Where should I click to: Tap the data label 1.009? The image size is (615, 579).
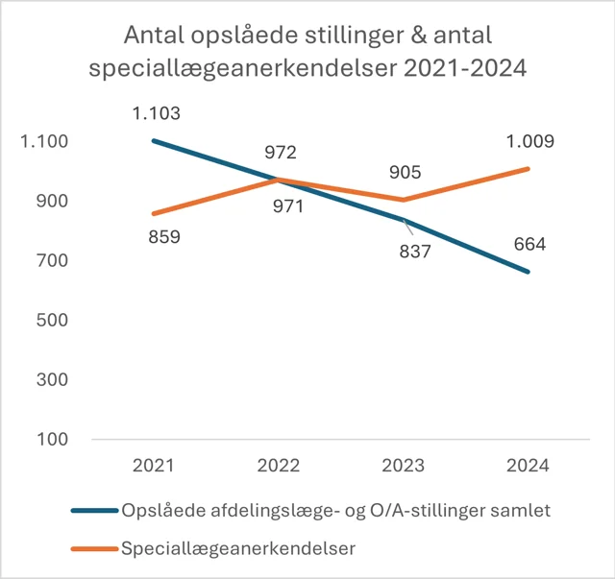(x=529, y=142)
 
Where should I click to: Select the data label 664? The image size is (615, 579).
(x=529, y=244)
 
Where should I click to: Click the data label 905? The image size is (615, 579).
(x=405, y=173)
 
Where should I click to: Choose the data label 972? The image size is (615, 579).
(x=280, y=153)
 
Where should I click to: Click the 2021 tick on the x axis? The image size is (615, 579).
(x=154, y=465)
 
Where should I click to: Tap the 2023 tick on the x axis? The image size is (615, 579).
(x=405, y=465)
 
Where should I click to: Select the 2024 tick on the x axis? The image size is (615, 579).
(x=529, y=465)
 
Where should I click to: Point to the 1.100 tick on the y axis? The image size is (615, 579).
(x=44, y=142)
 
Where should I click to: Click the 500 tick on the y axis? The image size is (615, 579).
(x=50, y=320)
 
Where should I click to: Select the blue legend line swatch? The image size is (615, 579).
(x=94, y=511)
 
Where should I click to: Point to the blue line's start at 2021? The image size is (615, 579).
(x=154, y=140)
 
